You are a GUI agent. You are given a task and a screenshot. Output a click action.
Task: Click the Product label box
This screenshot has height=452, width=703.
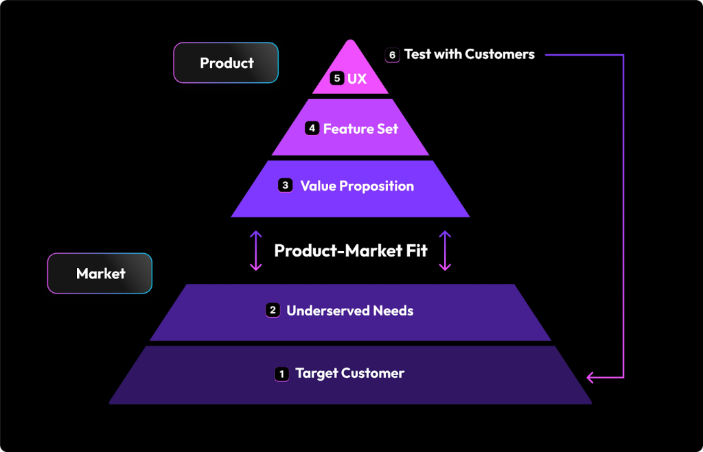tap(226, 63)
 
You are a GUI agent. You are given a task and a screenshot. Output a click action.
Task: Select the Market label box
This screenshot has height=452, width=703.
tap(100, 274)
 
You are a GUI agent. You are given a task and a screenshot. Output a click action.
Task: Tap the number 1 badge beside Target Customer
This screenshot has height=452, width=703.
tap(281, 374)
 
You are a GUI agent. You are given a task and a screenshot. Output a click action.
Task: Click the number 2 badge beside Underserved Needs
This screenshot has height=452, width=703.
tap(273, 311)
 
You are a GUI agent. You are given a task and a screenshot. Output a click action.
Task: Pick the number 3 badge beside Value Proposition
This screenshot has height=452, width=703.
tap(286, 186)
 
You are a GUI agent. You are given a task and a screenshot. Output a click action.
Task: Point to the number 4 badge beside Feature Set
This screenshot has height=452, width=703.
tap(312, 128)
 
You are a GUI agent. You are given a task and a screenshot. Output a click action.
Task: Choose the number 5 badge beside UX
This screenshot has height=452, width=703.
tap(336, 78)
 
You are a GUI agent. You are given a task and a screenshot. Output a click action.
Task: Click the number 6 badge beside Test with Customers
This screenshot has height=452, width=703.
tap(393, 55)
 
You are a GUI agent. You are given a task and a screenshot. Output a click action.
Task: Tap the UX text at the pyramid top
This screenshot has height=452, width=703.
tap(357, 79)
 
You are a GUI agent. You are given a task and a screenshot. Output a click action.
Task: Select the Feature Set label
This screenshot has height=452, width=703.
tap(360, 129)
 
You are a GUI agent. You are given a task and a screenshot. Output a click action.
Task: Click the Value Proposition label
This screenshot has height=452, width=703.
tap(357, 186)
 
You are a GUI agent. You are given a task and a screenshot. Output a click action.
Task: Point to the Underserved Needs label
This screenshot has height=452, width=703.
tap(349, 311)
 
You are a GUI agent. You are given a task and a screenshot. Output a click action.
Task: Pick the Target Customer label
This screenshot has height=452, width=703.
tap(349, 374)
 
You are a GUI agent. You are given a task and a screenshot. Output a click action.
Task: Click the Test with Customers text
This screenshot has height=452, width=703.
tap(469, 54)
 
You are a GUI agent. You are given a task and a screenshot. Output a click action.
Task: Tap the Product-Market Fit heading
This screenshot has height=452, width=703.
tap(350, 250)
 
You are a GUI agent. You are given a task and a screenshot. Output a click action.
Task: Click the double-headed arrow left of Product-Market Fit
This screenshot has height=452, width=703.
tap(256, 250)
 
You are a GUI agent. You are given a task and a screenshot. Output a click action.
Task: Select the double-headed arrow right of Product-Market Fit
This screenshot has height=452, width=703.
tap(445, 250)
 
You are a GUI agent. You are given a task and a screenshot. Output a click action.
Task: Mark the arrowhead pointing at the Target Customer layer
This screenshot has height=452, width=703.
tap(591, 377)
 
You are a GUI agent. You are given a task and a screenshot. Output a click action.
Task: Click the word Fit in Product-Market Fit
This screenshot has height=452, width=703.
tap(415, 250)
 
